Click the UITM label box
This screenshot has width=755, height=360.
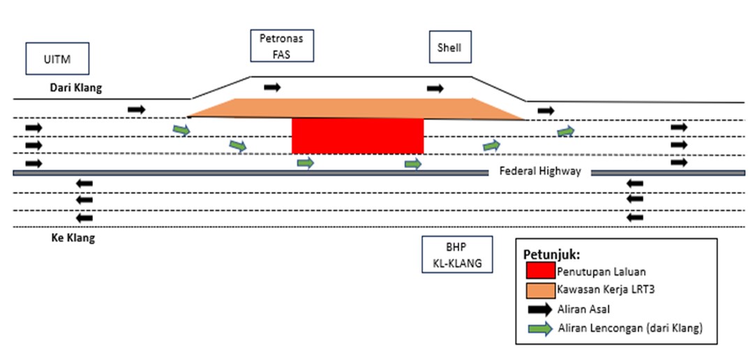click(58, 59)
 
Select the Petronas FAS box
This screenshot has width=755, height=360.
click(282, 45)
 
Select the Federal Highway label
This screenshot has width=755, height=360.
click(539, 172)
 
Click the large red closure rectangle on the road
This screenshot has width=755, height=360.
click(357, 136)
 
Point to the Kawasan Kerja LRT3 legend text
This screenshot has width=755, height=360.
click(604, 289)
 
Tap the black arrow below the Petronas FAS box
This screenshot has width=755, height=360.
click(273, 87)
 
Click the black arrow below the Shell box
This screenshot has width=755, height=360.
click(435, 89)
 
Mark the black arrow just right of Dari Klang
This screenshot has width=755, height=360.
click(137, 110)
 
